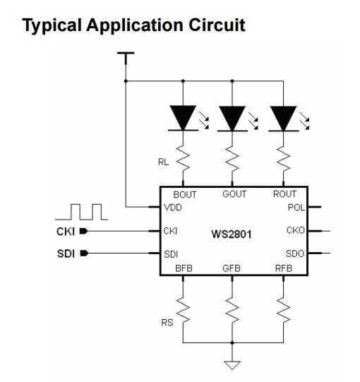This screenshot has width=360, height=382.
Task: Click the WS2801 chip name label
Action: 232,234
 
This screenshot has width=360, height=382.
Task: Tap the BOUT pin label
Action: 185,195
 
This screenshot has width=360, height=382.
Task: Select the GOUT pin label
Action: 234,194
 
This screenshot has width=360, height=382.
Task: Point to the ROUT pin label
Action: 284,194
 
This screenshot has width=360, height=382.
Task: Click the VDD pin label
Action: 173,208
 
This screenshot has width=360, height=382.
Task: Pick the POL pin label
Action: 296,208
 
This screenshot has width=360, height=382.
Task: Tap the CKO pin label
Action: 296,230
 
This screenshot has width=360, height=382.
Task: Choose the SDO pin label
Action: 295,254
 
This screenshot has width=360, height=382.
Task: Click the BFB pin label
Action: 184,268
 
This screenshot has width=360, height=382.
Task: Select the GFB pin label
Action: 232,268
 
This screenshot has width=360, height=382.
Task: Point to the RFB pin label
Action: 284,268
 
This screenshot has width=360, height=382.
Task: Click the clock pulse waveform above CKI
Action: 82,212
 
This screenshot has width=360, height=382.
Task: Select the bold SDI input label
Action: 66,253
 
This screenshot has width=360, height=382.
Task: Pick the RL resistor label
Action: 163,162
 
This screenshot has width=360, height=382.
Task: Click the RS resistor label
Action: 167,323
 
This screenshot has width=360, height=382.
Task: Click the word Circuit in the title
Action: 217,25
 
